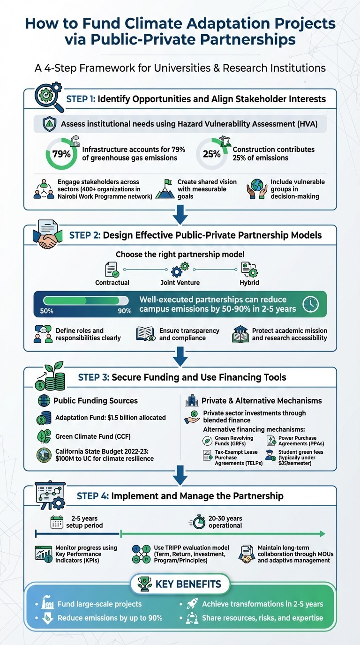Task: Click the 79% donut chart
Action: pyautogui.click(x=61, y=154)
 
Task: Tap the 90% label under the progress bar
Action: pyautogui.click(x=124, y=311)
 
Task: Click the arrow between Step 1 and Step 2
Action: pyautogui.click(x=180, y=217)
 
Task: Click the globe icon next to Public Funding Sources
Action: pyautogui.click(x=44, y=401)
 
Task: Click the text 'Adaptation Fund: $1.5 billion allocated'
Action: pyautogui.click(x=110, y=417)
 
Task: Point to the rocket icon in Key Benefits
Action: pyautogui.click(x=190, y=604)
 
